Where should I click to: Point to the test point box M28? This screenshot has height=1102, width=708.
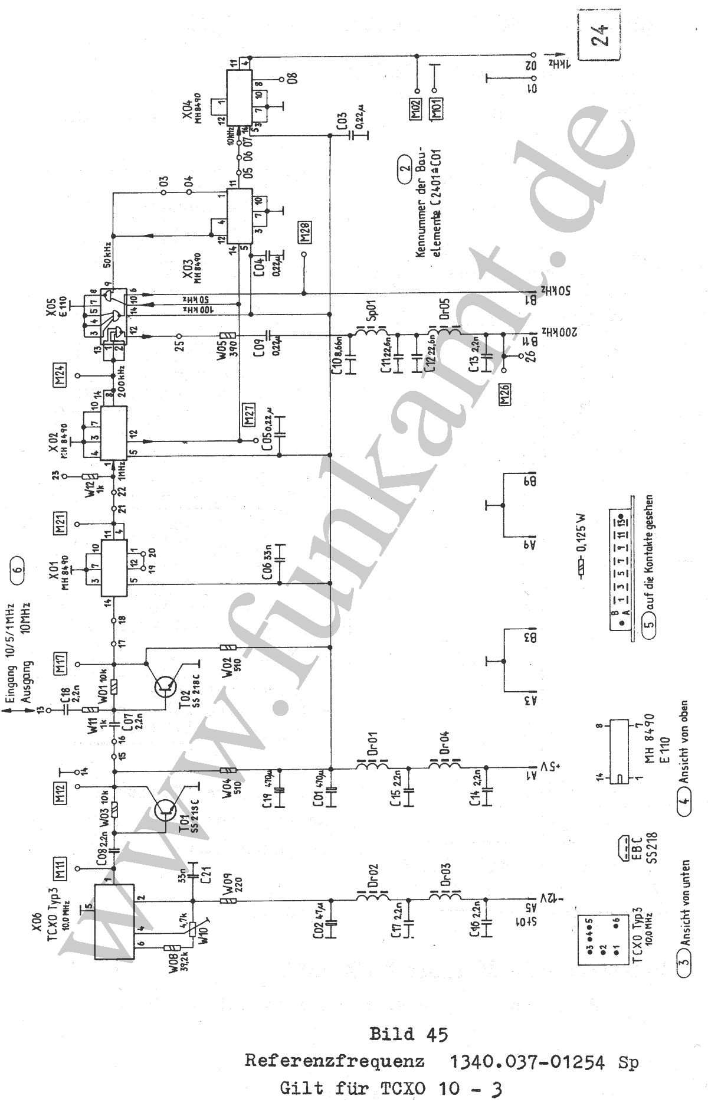click(306, 233)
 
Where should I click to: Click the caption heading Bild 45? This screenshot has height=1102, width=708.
click(408, 1034)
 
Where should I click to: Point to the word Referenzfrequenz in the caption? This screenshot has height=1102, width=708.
click(335, 1062)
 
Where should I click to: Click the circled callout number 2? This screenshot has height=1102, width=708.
click(404, 166)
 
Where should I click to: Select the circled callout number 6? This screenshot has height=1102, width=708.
click(18, 568)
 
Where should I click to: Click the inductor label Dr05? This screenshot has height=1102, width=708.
click(445, 308)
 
